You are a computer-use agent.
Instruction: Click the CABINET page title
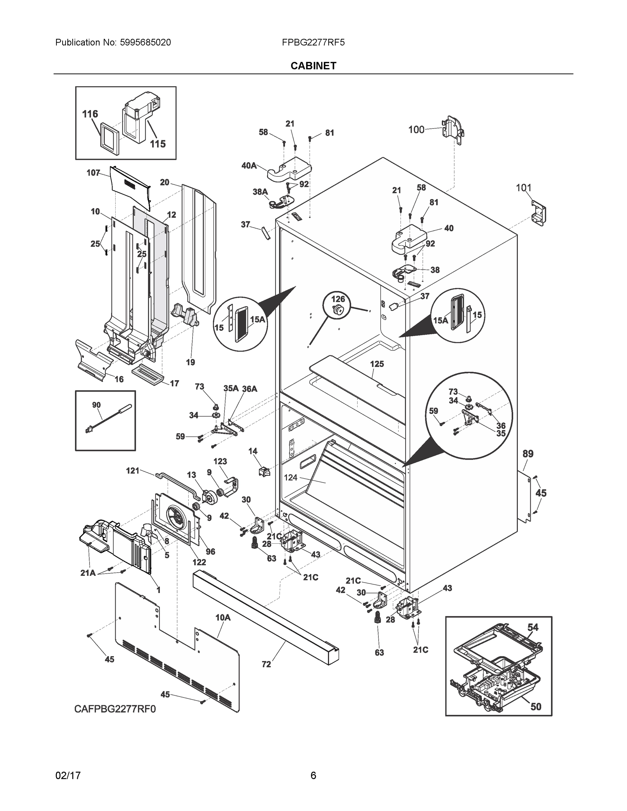point(313,66)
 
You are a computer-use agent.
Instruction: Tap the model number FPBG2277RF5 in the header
point(313,43)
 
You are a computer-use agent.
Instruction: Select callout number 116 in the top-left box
point(90,114)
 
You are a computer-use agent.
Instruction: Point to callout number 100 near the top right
point(416,130)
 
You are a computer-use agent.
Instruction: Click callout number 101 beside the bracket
point(523,188)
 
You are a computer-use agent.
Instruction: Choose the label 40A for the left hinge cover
point(249,166)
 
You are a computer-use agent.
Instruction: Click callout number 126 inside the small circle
point(338,299)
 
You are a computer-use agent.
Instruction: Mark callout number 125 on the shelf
point(377,364)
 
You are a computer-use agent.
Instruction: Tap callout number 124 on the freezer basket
point(290,477)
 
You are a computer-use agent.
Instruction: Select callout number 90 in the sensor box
point(96,405)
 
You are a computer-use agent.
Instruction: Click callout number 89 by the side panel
point(528,454)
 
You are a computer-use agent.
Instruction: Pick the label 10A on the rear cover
point(223,617)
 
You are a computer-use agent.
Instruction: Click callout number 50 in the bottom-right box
point(536,707)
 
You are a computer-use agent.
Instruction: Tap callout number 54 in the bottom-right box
point(533,627)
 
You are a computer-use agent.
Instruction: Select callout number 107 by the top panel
point(93,173)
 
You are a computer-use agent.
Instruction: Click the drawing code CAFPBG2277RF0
point(115,709)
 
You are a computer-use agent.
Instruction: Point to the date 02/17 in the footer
point(68,776)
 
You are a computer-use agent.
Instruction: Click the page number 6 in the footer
point(313,776)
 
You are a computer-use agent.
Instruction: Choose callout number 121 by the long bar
point(132,471)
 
